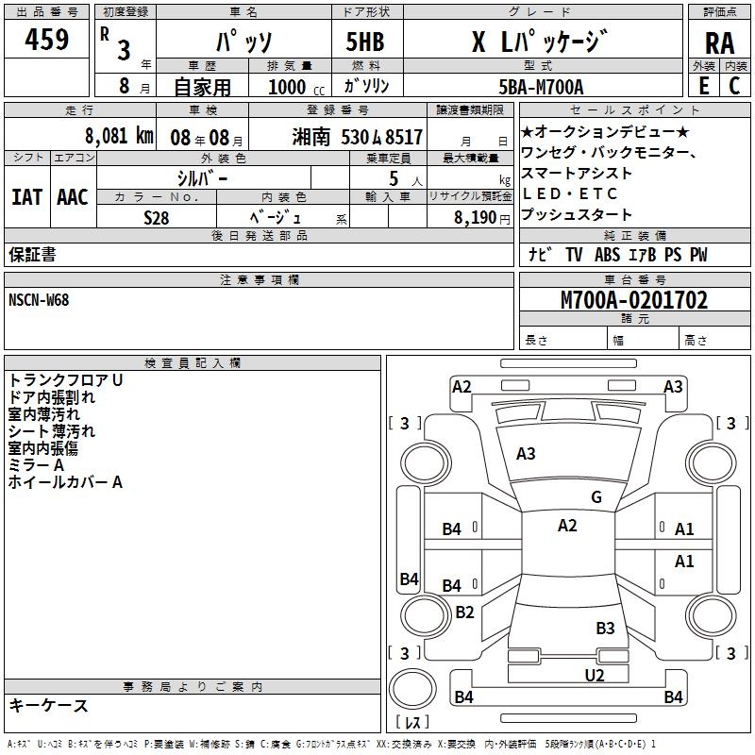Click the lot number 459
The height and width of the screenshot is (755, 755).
click(x=46, y=41)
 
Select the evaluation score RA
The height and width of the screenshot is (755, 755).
click(x=719, y=43)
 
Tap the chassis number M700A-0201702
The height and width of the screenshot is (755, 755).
click(x=634, y=300)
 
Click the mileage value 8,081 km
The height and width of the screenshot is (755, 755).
click(x=118, y=135)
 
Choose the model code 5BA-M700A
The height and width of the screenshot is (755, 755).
click(x=541, y=87)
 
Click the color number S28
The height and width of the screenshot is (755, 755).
click(x=157, y=217)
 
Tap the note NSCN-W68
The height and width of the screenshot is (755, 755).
click(x=39, y=299)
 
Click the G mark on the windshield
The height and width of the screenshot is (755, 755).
click(x=596, y=497)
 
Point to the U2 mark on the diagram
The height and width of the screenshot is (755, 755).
click(x=594, y=675)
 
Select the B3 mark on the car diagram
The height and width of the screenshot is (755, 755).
click(x=605, y=628)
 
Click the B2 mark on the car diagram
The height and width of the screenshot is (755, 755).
click(x=464, y=612)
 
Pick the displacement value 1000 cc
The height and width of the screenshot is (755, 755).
click(x=290, y=87)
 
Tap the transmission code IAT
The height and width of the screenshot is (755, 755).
click(x=27, y=196)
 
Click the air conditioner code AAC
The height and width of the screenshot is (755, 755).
click(x=73, y=196)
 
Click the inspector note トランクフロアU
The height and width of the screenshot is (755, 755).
click(x=65, y=379)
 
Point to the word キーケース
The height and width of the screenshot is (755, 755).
click(x=49, y=705)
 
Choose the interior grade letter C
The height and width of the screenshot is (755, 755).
click(x=733, y=86)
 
